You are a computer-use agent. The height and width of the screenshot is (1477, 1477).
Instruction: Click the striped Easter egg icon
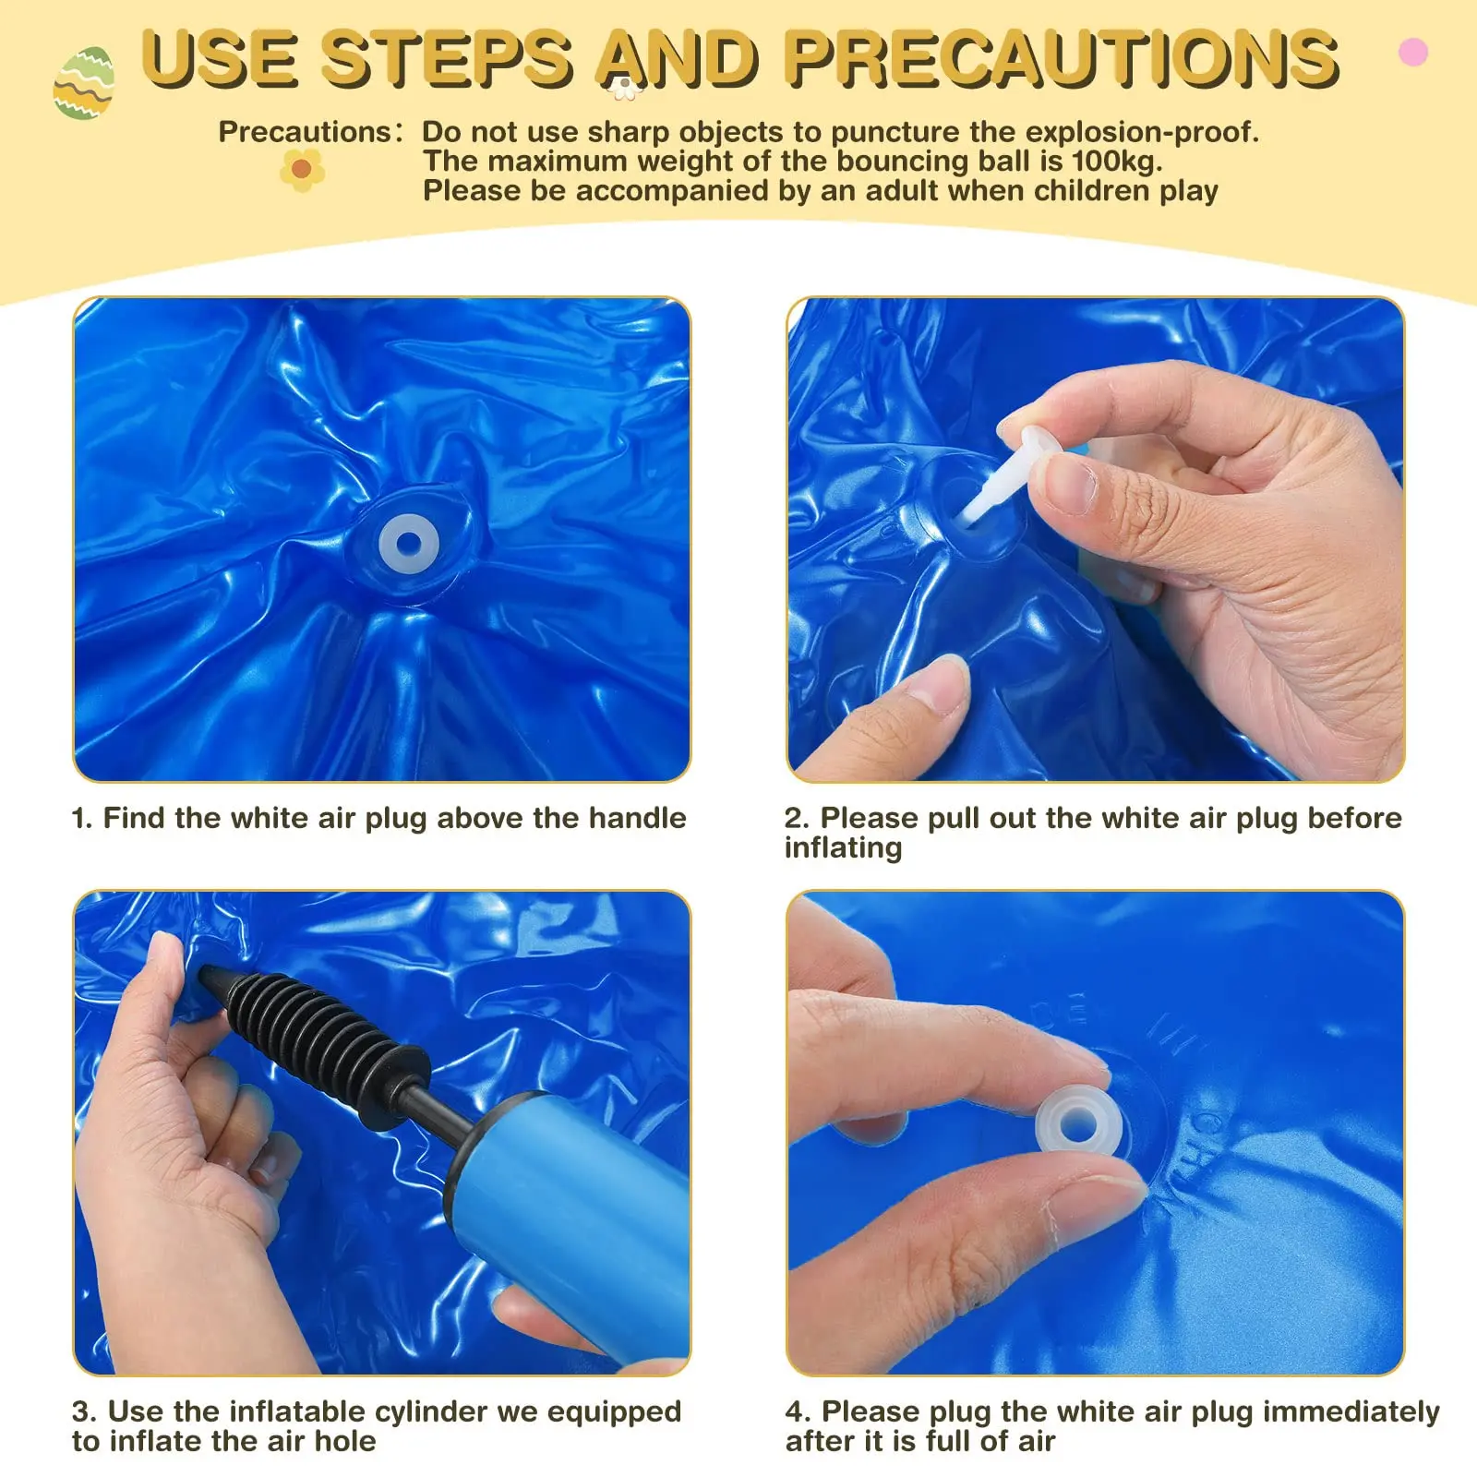[x=84, y=83]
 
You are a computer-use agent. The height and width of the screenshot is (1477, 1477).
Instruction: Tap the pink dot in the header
[x=1413, y=52]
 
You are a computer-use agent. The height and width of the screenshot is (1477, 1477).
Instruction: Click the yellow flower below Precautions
[x=302, y=169]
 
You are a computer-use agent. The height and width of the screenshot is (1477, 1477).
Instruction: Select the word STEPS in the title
[x=448, y=59]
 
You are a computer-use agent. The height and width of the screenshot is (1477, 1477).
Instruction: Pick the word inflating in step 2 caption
[x=843, y=848]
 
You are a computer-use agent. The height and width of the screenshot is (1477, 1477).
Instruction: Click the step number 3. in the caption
[x=85, y=1412]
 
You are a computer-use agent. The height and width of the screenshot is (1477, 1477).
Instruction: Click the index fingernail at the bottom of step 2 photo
[x=944, y=681]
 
